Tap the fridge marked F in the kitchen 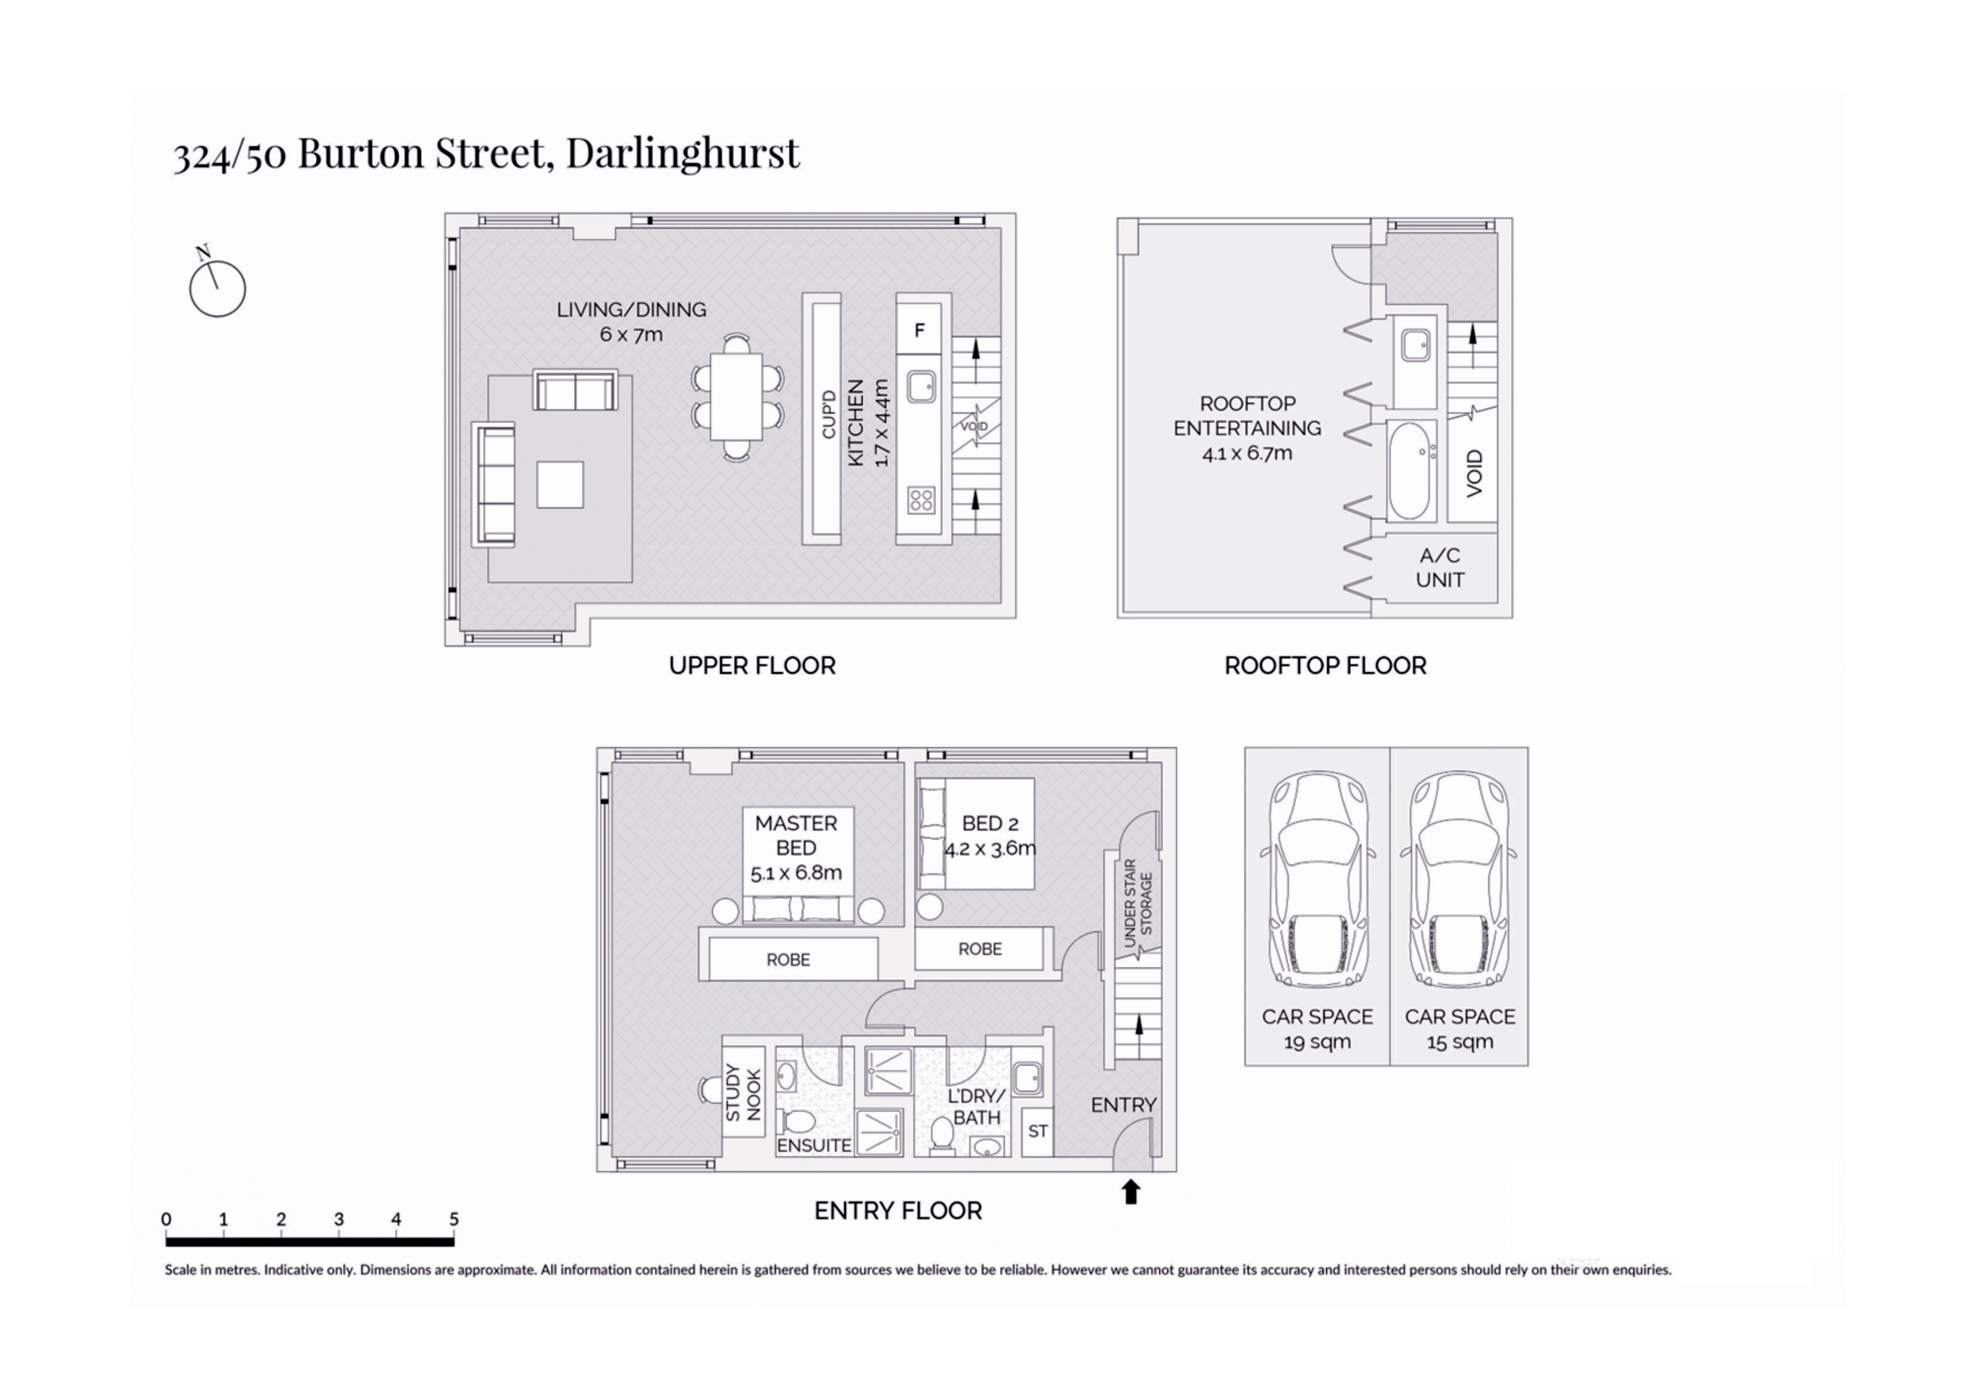click(x=919, y=329)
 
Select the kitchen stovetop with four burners click(x=921, y=500)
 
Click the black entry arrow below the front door click(x=1131, y=1192)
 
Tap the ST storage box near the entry click(x=1037, y=1131)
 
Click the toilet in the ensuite click(x=798, y=1122)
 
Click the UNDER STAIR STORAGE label click(x=1137, y=903)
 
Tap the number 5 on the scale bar click(x=453, y=1219)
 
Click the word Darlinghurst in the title click(x=681, y=153)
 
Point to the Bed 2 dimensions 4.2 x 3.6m click(x=990, y=849)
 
